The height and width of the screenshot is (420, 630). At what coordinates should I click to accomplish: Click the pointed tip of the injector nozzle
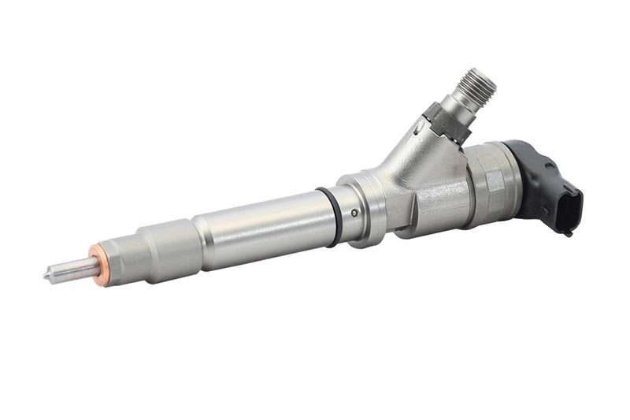pos(46,276)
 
